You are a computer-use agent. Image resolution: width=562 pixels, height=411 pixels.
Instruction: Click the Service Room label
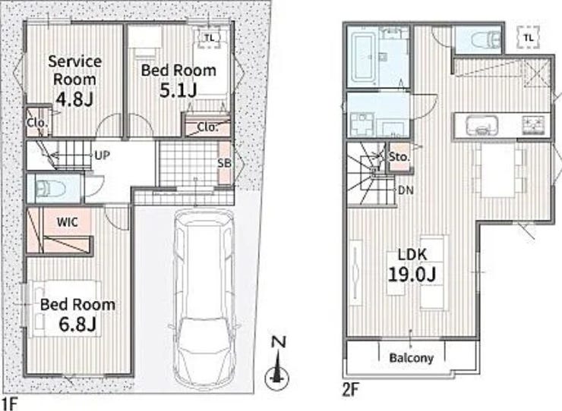point(75,71)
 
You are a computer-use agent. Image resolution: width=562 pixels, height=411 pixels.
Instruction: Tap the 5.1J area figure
point(178,90)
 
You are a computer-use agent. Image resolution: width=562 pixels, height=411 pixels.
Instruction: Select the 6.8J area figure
point(77,324)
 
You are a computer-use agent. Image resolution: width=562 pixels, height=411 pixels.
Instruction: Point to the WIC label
point(67,222)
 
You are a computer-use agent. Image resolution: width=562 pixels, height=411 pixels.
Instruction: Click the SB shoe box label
point(224,163)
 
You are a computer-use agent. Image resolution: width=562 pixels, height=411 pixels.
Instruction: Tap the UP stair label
point(103,155)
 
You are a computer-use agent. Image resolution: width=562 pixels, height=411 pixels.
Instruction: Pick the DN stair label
point(406,190)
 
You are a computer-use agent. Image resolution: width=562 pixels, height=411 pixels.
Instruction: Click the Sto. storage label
point(399,157)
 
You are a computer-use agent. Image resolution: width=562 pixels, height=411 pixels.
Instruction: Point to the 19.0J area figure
point(412,275)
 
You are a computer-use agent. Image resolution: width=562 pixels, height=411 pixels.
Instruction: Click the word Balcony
point(412,358)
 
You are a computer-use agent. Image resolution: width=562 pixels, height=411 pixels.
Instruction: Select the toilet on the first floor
point(51,188)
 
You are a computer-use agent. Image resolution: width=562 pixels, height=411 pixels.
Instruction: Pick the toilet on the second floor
point(485,39)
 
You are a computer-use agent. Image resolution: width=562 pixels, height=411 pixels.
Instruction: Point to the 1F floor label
point(8,403)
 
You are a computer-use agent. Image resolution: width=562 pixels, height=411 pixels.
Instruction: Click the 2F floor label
point(351,390)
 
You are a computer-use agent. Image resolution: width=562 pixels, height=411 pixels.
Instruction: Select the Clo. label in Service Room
point(37,123)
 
